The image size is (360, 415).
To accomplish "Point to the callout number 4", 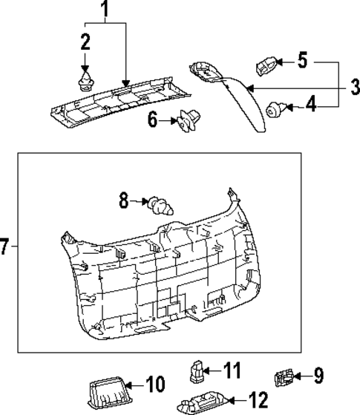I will (311, 105).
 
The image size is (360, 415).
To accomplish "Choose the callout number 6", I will (153, 119).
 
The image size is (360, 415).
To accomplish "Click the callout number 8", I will (125, 200).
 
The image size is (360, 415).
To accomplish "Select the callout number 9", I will (318, 376).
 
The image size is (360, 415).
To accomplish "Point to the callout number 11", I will (234, 369).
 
